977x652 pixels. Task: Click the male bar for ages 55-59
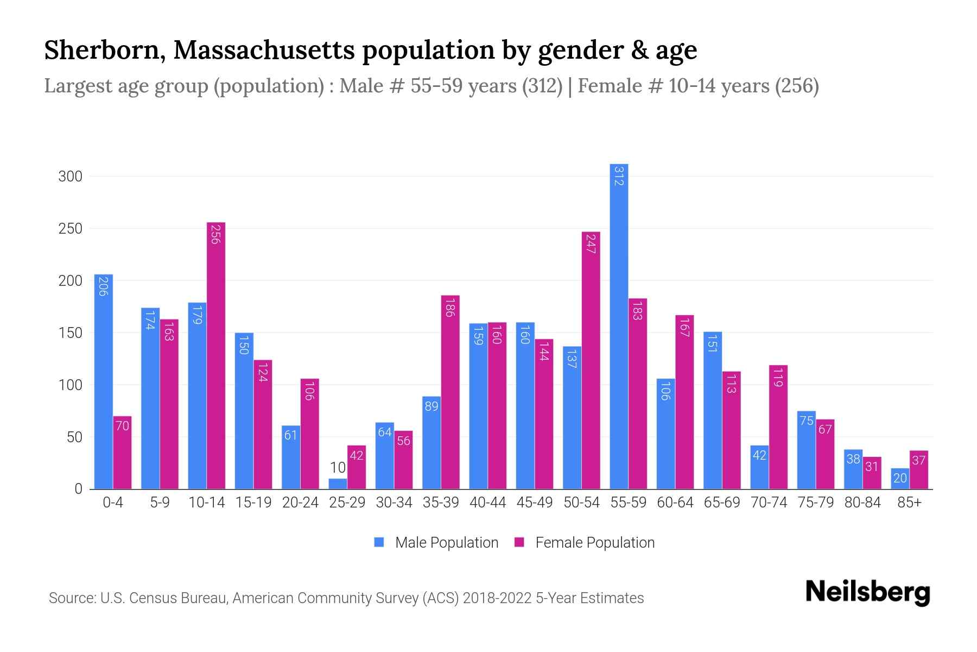point(619,326)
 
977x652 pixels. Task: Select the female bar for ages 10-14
point(216,356)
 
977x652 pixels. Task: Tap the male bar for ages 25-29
point(338,484)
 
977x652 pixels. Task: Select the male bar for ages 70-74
point(759,467)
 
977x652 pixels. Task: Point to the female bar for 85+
point(919,470)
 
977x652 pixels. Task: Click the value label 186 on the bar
point(449,308)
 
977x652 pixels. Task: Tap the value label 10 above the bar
point(338,468)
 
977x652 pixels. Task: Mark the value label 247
point(591,244)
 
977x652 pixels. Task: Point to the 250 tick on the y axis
point(71,229)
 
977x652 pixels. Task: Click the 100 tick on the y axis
point(71,385)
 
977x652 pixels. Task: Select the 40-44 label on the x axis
point(487,503)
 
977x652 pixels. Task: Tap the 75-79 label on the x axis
point(815,503)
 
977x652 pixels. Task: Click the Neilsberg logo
point(867,592)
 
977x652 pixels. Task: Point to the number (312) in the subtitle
point(542,86)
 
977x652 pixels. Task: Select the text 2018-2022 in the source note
point(497,598)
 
